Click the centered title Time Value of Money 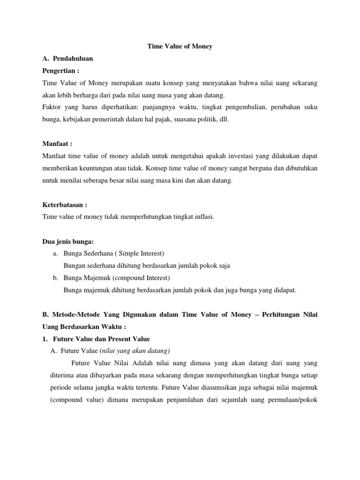(180, 46)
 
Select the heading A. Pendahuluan (67, 59)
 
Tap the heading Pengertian (61, 71)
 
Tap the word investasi (225, 156)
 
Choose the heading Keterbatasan (65, 204)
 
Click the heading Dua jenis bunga (68, 241)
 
